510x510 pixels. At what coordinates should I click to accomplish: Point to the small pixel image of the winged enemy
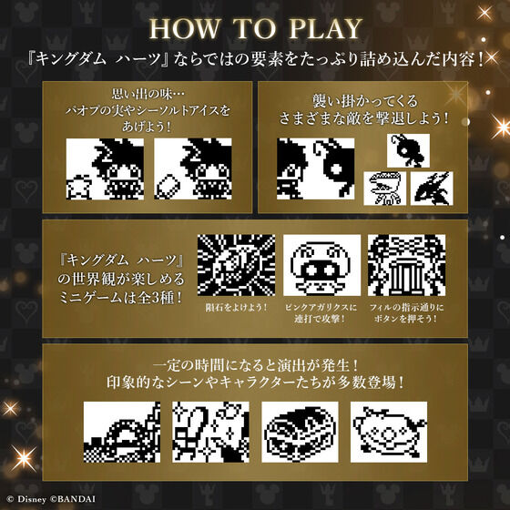coord(430,189)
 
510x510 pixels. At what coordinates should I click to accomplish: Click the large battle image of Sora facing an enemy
coord(318,170)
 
